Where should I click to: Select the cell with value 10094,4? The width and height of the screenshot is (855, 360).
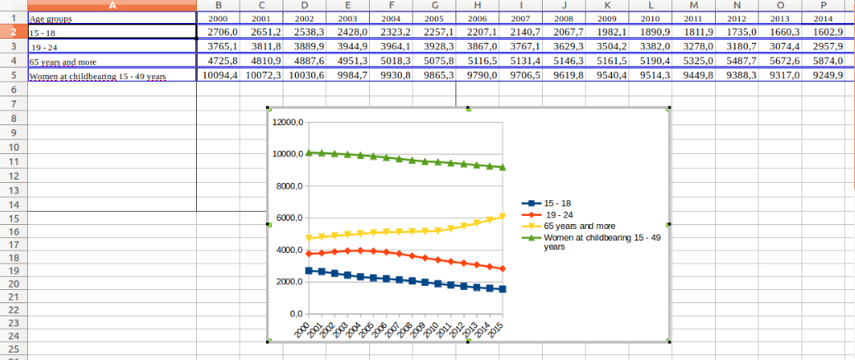coord(219,75)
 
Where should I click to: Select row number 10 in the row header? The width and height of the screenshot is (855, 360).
coord(13,147)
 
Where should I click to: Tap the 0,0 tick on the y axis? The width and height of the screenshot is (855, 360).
coord(295,314)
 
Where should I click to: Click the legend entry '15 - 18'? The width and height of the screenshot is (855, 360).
coord(558,203)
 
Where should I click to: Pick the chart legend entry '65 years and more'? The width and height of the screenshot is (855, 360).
coord(579,225)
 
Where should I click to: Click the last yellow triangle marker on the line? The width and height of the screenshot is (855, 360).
coord(502,217)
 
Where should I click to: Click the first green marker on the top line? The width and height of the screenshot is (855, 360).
coord(309,152)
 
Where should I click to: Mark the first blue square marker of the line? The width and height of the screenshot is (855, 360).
coord(309,270)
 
